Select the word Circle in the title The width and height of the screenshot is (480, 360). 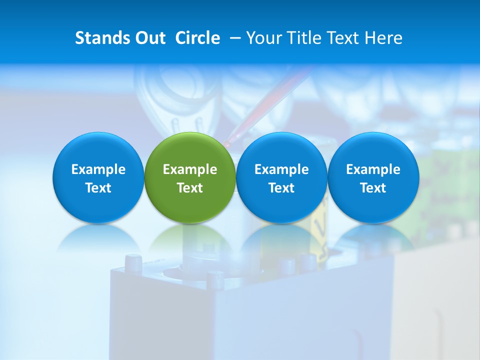(x=197, y=38)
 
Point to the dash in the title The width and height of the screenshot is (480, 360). (x=233, y=38)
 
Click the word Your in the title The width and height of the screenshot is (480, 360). (x=263, y=38)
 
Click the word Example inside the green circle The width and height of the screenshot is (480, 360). (x=190, y=169)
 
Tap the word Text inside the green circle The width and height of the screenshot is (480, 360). (x=190, y=188)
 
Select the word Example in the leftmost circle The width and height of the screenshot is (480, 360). (x=98, y=169)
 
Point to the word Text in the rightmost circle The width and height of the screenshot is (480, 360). (x=373, y=188)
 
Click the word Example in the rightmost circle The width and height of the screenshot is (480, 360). (x=373, y=169)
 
